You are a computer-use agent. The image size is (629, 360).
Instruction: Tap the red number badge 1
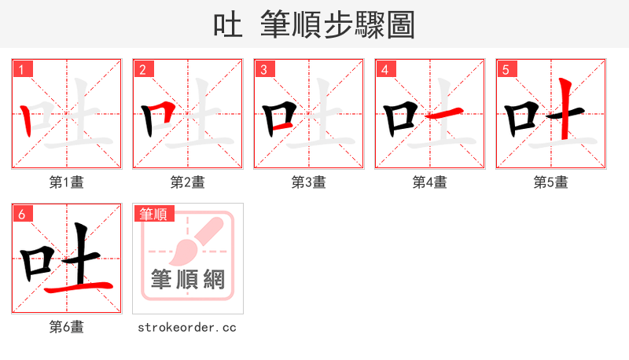tap(21, 69)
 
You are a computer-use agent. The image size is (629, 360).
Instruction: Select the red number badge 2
tap(142, 69)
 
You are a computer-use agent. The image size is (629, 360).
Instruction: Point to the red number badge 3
tap(263, 69)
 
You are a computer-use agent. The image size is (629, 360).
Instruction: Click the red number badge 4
tap(384, 69)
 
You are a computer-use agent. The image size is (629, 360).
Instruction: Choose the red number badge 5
tap(506, 69)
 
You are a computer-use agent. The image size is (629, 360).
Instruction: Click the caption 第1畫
tap(67, 182)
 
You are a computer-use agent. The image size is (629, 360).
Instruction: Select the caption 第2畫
tap(188, 182)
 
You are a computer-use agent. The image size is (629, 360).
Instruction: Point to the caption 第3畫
tap(309, 182)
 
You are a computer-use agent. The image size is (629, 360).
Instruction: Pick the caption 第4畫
tap(430, 182)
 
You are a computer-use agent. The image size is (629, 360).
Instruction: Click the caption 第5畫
tap(551, 182)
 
